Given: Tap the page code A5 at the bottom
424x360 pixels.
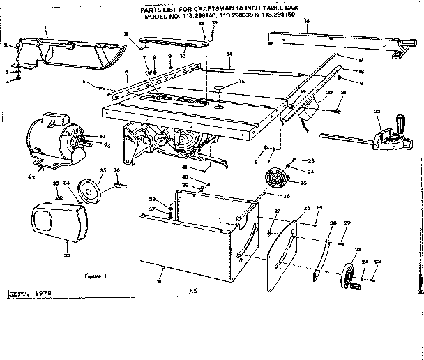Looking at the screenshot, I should [x=193, y=290].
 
